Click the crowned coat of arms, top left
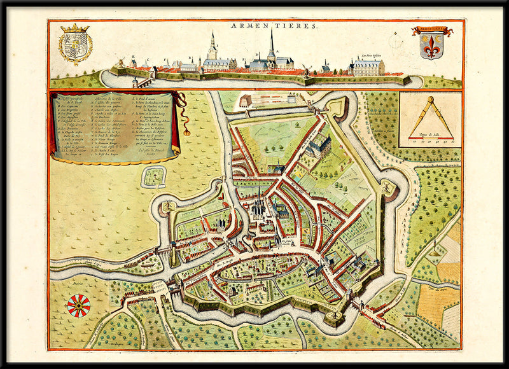[75, 45]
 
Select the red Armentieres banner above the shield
[432, 31]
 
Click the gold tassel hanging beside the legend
[187, 130]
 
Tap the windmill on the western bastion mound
[169, 207]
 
